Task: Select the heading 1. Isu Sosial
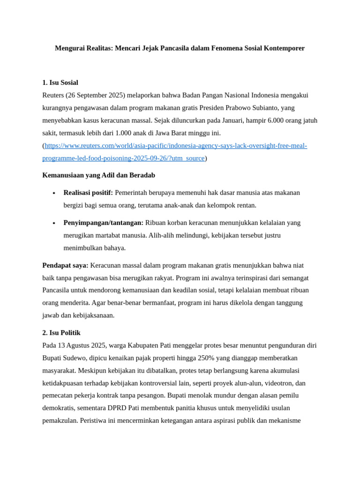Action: [x=60, y=82]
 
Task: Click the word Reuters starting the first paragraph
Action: [x=53, y=95]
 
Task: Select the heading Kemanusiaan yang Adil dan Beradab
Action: [x=98, y=175]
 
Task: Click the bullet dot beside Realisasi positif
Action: [x=54, y=193]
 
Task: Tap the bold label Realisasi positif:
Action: [x=88, y=193]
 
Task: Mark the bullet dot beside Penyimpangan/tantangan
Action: [x=54, y=223]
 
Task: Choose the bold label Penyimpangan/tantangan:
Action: [x=103, y=223]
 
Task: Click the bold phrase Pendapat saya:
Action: [x=65, y=265]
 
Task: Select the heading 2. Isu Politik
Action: [x=61, y=333]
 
